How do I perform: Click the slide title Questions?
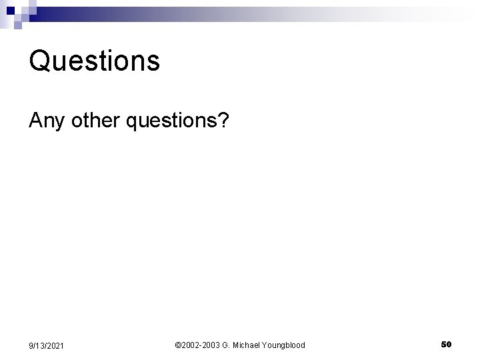95,61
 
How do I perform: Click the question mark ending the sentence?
223,121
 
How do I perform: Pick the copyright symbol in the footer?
177,345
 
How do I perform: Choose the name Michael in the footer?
248,345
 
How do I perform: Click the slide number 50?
447,344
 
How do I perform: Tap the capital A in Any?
35,121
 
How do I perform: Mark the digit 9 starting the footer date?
30,345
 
